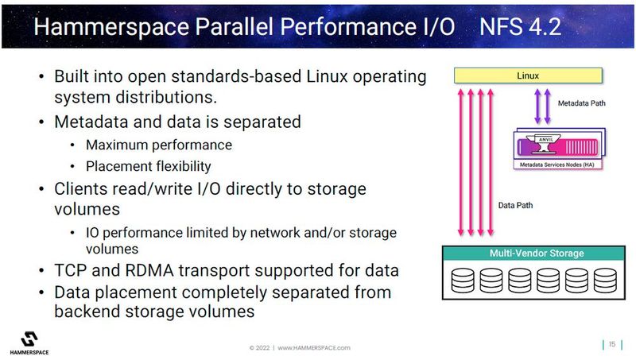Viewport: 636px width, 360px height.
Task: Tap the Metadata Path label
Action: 586,103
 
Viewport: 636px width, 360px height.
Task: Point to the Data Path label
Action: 516,204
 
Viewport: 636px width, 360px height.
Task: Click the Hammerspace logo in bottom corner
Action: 33,339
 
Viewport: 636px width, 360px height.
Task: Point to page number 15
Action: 612,344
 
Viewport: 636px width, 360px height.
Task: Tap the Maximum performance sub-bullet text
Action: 159,145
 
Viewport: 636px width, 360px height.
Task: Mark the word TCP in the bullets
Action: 72,270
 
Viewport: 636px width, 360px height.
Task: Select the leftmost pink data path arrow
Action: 460,159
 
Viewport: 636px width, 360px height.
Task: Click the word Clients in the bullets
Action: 83,189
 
